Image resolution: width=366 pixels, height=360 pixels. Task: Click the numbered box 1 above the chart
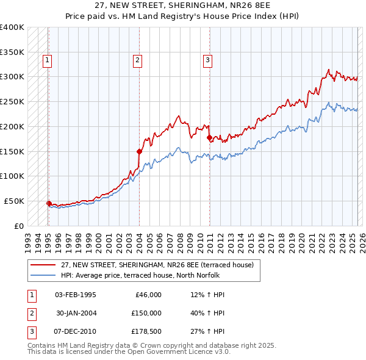(x=47, y=60)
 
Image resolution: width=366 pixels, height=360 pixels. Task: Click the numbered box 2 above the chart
(x=138, y=60)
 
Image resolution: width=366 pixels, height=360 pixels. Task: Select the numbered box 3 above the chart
(x=207, y=60)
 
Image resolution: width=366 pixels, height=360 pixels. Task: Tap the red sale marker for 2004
(x=139, y=151)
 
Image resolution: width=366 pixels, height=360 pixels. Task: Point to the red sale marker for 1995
(x=49, y=203)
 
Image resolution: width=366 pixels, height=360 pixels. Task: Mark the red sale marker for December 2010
(x=209, y=137)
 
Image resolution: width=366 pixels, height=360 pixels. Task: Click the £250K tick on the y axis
(x=12, y=101)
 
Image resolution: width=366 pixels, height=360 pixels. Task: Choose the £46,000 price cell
(x=147, y=295)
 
